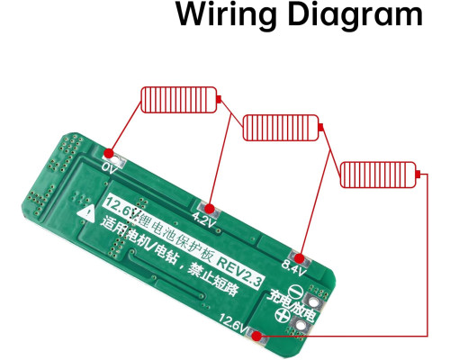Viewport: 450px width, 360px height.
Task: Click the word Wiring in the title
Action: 225,14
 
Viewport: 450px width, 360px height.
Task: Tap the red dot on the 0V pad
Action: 109,154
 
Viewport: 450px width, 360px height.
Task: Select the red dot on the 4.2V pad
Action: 210,208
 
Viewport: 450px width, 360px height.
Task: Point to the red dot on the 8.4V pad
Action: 299,258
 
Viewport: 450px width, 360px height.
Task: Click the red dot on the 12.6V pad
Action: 256,337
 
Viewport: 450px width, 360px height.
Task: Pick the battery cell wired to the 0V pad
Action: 181,100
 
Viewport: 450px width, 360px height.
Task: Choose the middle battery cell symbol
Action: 283,128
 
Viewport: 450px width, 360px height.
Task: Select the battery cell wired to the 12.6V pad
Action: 380,175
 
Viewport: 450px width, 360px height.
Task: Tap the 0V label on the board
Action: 110,168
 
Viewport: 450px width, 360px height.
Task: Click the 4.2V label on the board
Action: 204,220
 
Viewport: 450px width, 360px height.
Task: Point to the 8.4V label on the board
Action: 293,268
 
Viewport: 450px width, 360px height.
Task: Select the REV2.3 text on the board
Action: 239,272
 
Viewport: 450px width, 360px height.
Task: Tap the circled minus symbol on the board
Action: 296,291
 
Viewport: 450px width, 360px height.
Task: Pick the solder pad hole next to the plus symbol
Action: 300,324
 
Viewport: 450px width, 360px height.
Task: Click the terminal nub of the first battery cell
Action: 219,99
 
